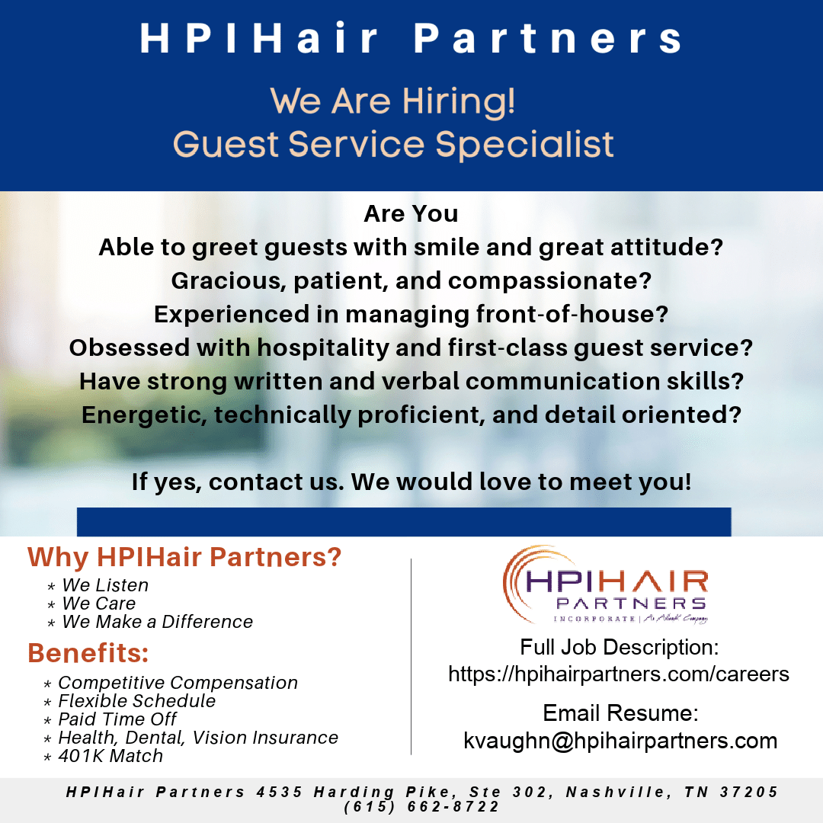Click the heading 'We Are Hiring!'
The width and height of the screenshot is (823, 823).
(x=392, y=101)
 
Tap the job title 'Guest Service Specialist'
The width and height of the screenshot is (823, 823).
(x=393, y=144)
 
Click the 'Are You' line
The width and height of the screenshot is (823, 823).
(x=411, y=213)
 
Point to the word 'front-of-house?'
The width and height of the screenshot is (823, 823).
(x=572, y=314)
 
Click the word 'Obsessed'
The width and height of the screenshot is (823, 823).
(x=129, y=347)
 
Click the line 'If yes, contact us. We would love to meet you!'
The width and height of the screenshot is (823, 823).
(x=411, y=482)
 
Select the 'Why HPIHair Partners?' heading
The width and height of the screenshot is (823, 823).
(x=184, y=557)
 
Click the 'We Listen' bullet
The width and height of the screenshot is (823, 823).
(x=105, y=584)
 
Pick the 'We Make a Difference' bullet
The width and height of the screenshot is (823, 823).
(x=158, y=622)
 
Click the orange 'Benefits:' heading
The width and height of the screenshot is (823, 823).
(x=88, y=653)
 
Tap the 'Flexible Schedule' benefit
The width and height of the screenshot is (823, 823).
(x=136, y=701)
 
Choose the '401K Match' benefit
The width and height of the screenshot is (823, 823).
(x=110, y=756)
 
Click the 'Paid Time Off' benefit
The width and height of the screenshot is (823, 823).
(x=117, y=719)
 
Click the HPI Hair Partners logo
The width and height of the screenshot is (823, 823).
(x=606, y=584)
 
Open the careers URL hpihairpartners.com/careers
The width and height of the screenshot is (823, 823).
(x=619, y=674)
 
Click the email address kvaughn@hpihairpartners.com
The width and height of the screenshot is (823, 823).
(x=620, y=741)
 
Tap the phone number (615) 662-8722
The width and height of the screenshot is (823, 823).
(x=421, y=807)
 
